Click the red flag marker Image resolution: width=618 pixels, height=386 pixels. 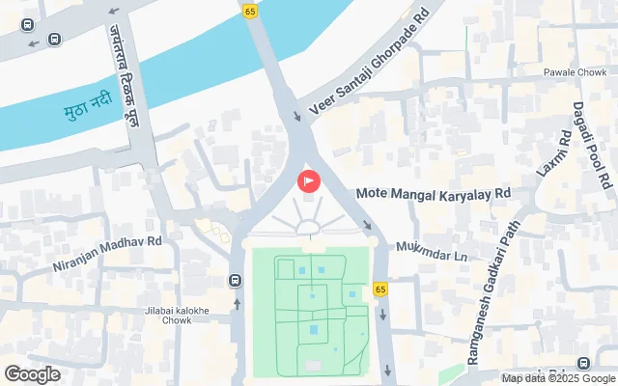tap(309, 180)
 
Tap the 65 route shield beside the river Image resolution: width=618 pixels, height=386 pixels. tap(250, 11)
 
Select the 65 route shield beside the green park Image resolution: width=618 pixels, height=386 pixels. tap(380, 289)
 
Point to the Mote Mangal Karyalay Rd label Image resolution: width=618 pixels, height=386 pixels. tap(433, 193)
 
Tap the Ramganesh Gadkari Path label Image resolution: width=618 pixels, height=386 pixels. tap(493, 290)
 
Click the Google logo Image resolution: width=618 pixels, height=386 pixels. tap(32, 374)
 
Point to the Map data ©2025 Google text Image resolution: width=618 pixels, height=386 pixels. tap(558, 377)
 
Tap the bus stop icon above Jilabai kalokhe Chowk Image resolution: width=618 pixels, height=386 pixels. tap(236, 281)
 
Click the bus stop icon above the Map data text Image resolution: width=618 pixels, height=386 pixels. tap(583, 363)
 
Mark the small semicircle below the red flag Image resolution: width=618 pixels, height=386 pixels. tap(309, 229)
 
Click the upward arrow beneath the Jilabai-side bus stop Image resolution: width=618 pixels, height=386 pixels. tap(237, 303)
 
